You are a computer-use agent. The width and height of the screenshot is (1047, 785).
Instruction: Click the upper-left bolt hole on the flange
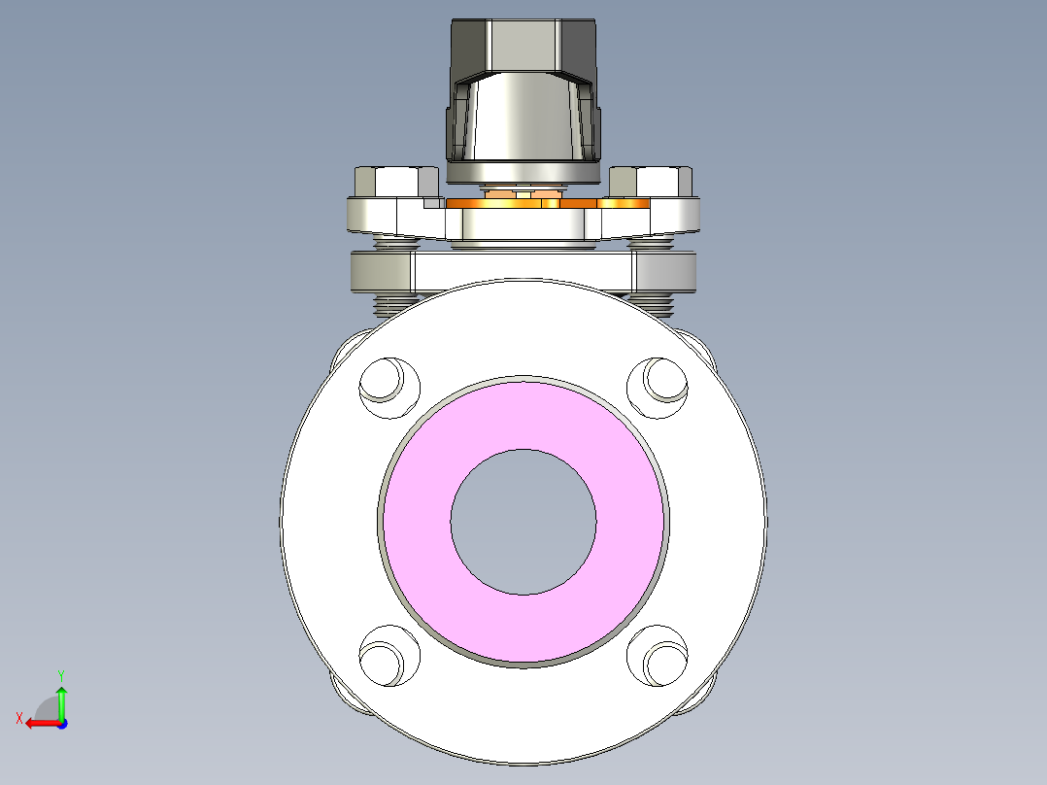[x=389, y=386]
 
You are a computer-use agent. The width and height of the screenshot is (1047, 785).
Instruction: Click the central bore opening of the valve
[x=523, y=522]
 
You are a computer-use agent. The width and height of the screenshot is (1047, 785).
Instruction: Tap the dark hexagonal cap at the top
[x=524, y=44]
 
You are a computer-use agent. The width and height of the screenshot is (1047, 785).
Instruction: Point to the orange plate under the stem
[x=622, y=202]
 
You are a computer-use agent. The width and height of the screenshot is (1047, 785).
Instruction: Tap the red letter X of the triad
[x=19, y=719]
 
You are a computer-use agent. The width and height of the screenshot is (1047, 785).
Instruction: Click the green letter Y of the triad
[x=61, y=673]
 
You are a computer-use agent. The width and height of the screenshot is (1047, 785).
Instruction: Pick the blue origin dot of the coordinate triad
[x=61, y=723]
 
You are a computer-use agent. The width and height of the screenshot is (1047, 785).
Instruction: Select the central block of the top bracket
[x=524, y=224]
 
